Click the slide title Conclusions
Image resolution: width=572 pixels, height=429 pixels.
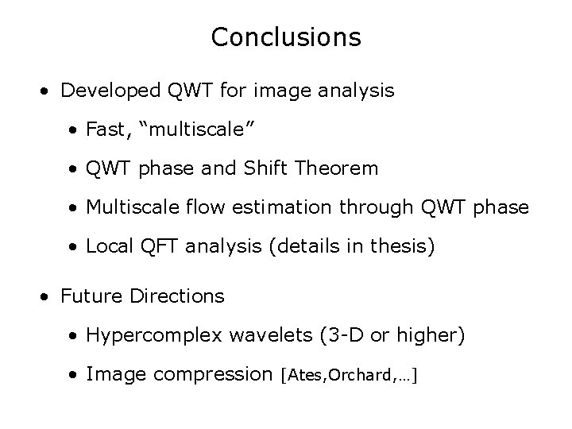(286, 37)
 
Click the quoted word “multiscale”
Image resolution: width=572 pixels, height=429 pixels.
(175, 130)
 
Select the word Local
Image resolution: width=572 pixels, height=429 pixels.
(110, 247)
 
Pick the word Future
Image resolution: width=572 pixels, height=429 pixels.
(89, 297)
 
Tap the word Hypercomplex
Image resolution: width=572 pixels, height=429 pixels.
(147, 336)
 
